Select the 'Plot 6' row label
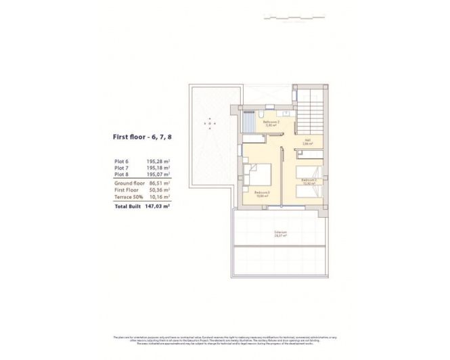(122, 162)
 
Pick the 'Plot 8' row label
(122, 175)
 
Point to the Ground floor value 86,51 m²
(158, 183)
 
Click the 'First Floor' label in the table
(126, 189)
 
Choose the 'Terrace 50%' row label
(128, 196)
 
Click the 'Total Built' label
(129, 205)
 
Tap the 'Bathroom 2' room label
(271, 122)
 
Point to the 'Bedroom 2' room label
(309, 180)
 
